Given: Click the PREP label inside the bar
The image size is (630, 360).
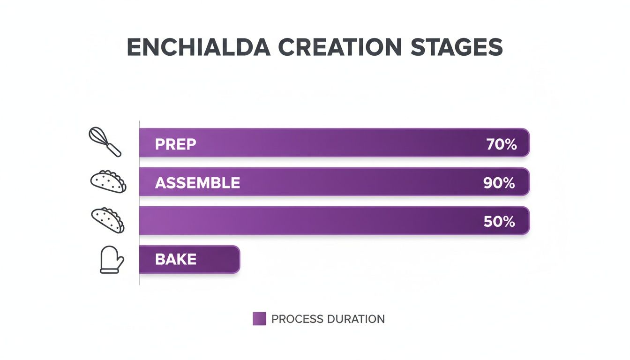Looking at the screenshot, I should [175, 144].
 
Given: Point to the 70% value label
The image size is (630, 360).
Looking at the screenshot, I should [501, 144].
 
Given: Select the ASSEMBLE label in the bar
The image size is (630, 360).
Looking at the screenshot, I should [197, 183].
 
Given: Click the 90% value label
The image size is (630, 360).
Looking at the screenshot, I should [499, 183].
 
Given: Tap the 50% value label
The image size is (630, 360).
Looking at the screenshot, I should [499, 221].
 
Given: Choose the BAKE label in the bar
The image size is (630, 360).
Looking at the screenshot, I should [176, 259].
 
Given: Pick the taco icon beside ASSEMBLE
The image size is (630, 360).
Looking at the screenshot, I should [108, 181].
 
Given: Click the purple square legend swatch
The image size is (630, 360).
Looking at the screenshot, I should [259, 319].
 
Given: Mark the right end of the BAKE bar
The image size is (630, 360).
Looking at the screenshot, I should [238, 259].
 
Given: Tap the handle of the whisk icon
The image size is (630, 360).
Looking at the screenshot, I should [114, 150].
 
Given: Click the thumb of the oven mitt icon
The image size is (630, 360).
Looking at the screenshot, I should [120, 261].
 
